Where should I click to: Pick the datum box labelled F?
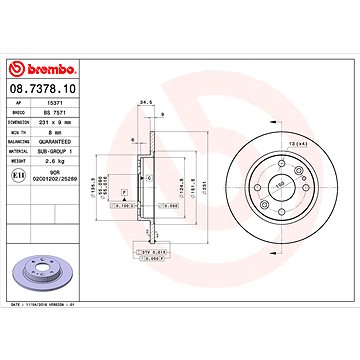click(123, 189)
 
